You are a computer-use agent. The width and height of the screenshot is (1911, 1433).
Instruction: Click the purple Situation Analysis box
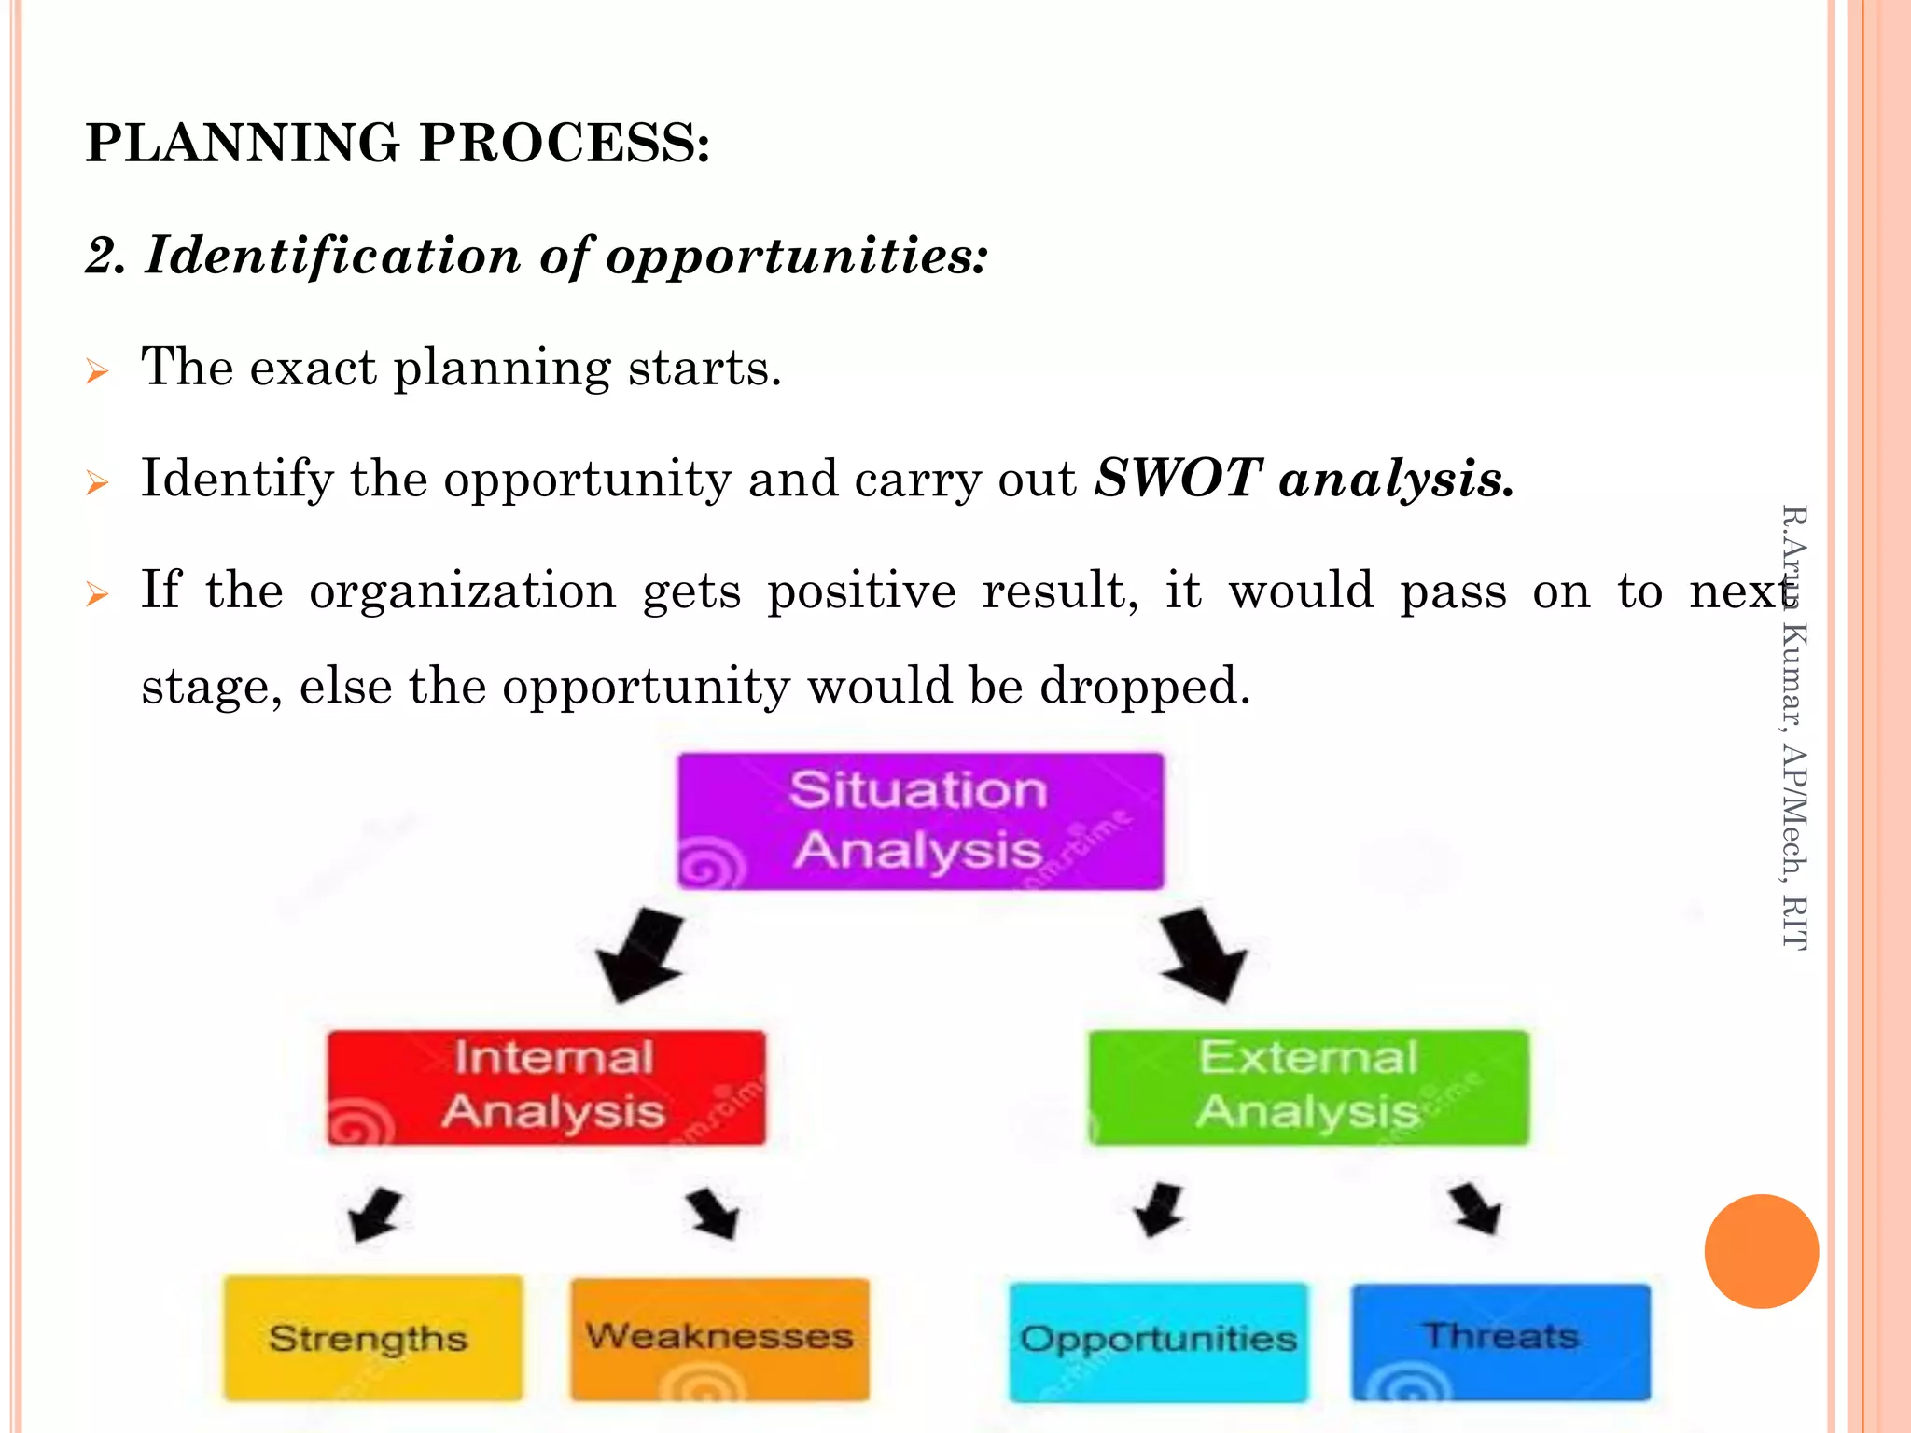[920, 821]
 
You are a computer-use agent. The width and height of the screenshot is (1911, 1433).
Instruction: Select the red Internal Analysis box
[547, 1087]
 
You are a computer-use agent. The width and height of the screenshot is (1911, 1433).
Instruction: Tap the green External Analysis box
[1308, 1087]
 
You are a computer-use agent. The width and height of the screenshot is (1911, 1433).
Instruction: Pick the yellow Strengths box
[373, 1338]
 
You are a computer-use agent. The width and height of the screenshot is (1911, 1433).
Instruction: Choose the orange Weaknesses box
[719, 1338]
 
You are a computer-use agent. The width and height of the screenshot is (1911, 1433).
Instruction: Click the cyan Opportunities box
[1158, 1341]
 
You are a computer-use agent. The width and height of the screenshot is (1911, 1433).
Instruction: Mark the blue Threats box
[1500, 1341]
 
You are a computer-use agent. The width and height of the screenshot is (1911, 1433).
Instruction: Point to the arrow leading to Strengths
[375, 1213]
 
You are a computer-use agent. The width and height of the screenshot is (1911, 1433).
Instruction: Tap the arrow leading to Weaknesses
[714, 1213]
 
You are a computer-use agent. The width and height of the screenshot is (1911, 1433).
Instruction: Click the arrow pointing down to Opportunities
[1159, 1210]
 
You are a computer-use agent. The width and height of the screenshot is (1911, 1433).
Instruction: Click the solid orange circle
[1761, 1251]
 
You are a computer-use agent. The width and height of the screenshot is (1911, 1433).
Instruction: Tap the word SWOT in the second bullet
[1178, 479]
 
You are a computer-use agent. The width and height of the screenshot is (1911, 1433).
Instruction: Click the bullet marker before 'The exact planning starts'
[97, 371]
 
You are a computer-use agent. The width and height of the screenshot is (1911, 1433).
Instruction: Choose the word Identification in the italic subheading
[332, 256]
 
